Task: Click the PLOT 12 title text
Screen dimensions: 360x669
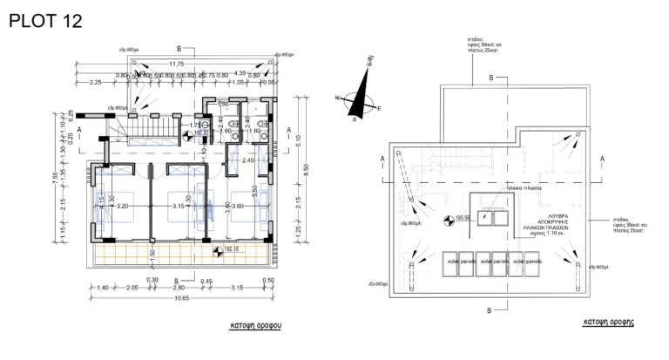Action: tap(44, 21)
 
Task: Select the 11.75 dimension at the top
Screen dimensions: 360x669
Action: tap(177, 64)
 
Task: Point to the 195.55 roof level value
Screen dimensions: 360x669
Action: tap(463, 218)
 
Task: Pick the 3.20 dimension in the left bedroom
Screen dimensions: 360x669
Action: tap(122, 206)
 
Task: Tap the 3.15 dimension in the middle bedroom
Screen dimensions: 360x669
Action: tap(178, 206)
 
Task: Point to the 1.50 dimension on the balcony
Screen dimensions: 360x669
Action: tap(152, 254)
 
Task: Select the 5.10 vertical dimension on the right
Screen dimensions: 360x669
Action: tap(297, 138)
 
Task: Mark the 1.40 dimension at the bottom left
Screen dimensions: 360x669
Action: tap(102, 287)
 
